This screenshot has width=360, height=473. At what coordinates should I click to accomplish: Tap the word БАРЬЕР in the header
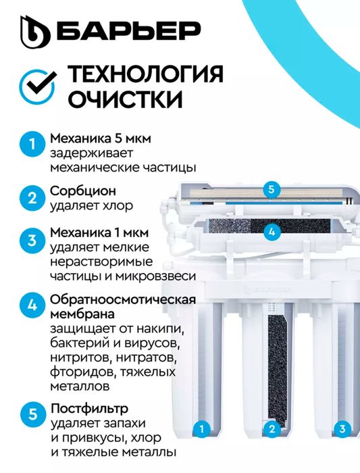[129, 30]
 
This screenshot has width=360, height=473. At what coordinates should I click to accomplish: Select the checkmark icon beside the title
[38, 86]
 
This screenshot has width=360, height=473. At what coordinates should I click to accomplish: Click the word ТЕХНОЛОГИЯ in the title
[145, 74]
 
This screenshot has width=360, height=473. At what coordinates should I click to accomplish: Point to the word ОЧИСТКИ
[125, 99]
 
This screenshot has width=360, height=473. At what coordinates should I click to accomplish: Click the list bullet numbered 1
[32, 144]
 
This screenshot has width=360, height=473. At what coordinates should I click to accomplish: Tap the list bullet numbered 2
[32, 198]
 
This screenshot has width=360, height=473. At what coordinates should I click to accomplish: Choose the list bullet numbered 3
[32, 241]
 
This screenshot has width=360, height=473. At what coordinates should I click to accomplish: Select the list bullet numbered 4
[32, 305]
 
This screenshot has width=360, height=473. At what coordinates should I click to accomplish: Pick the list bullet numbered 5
[32, 414]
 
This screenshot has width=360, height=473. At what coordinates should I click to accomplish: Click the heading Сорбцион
[83, 191]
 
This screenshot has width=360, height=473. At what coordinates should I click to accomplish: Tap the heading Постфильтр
[90, 409]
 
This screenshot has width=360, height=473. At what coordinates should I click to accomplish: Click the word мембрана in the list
[82, 314]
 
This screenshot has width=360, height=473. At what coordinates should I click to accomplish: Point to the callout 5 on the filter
[272, 189]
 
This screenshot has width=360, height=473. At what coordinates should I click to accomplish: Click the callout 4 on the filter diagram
[272, 232]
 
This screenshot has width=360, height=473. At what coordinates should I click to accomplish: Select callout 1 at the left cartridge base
[202, 428]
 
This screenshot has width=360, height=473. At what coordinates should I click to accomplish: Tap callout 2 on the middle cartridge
[272, 428]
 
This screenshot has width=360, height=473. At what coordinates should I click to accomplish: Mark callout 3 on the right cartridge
[342, 428]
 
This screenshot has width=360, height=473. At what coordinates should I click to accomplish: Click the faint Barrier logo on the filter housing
[267, 290]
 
